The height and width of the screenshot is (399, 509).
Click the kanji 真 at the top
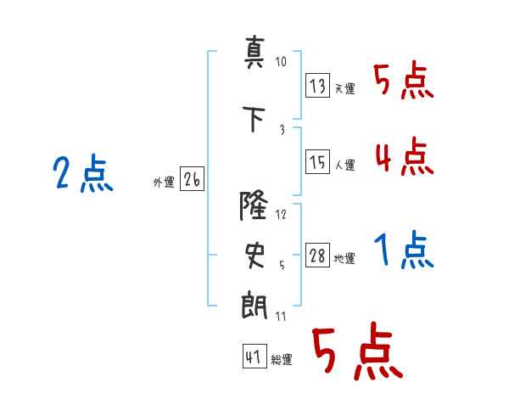click(254, 53)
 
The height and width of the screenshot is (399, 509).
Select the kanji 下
click(254, 119)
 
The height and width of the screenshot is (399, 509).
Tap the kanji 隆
click(254, 205)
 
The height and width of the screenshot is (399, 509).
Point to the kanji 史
click(255, 256)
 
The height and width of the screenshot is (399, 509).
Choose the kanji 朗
click(255, 306)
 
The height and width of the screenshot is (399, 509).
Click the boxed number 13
click(317, 85)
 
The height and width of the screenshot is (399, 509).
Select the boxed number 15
click(317, 161)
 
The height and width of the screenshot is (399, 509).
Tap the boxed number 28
click(317, 255)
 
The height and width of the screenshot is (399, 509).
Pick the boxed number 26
click(192, 178)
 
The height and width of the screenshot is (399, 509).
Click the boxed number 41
click(255, 356)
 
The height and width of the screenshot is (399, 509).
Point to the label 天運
click(344, 88)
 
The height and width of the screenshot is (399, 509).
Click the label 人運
click(344, 165)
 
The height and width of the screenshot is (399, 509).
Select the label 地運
click(344, 259)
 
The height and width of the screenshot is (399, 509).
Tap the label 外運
click(164, 183)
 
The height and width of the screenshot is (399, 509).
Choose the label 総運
click(282, 360)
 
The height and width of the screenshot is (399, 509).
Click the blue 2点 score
click(83, 173)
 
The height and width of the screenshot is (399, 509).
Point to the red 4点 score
click(405, 156)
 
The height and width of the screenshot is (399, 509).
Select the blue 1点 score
click(404, 250)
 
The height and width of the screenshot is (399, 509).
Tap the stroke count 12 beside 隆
click(281, 215)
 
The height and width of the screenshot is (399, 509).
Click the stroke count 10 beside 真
click(281, 61)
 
